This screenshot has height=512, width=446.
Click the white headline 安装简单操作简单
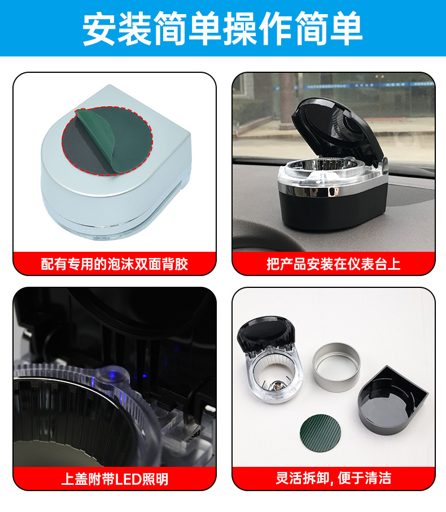[222, 28]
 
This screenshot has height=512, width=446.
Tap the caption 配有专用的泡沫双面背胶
[115, 264]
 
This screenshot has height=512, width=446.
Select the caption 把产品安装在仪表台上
[333, 264]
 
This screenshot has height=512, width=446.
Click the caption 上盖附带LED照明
[115, 479]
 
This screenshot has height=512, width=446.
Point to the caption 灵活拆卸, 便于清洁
[333, 479]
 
